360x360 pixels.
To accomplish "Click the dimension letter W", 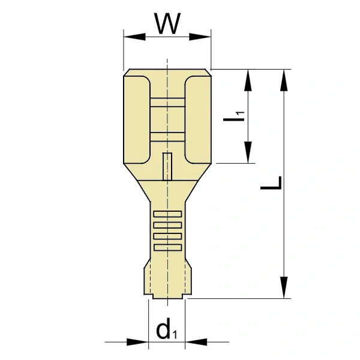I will tap(167, 25).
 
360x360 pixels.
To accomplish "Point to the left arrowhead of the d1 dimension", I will tap(137, 343).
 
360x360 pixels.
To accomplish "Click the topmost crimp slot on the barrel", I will tap(167, 214).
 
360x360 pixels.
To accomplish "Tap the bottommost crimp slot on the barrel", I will tap(167, 246).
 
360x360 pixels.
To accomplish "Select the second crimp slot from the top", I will tap(167, 225).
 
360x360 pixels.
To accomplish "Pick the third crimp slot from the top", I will tap(167, 236).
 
